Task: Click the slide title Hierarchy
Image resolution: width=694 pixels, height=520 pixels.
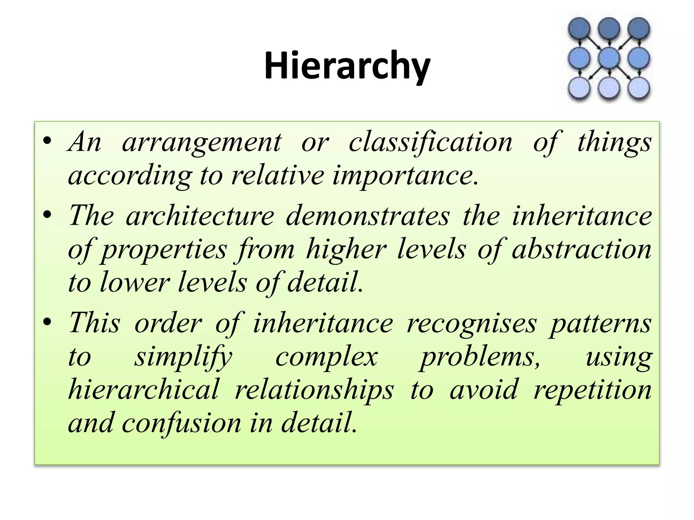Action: [347, 65]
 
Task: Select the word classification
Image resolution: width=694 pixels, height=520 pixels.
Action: [430, 142]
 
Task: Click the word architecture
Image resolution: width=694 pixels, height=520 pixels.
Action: [200, 216]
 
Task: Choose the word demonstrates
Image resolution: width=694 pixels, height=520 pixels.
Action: [368, 216]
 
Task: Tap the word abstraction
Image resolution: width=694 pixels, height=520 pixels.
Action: [581, 249]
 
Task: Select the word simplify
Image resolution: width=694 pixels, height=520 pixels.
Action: [183, 357]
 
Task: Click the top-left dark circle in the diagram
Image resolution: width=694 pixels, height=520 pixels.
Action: [579, 28]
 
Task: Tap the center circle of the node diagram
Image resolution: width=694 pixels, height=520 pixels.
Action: [609, 58]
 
